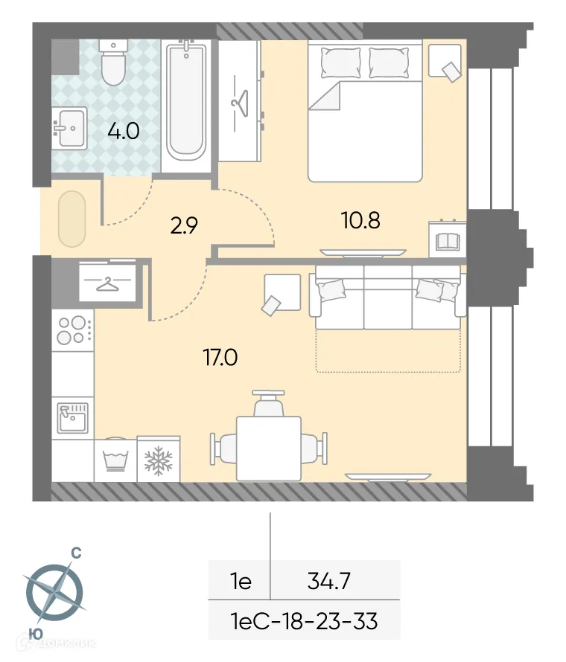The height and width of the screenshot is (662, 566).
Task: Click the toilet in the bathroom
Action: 114,62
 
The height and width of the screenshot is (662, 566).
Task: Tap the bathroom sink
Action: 69,127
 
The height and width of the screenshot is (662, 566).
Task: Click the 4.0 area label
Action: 123,132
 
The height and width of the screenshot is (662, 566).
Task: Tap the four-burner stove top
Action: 72,330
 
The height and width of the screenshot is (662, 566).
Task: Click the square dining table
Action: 269,448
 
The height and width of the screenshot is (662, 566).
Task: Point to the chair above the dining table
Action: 269,404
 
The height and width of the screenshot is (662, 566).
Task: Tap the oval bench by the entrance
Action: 71,219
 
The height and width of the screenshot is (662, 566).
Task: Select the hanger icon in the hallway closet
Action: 108,282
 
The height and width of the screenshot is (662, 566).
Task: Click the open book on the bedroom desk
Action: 447,242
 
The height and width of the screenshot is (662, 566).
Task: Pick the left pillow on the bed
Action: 340,62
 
